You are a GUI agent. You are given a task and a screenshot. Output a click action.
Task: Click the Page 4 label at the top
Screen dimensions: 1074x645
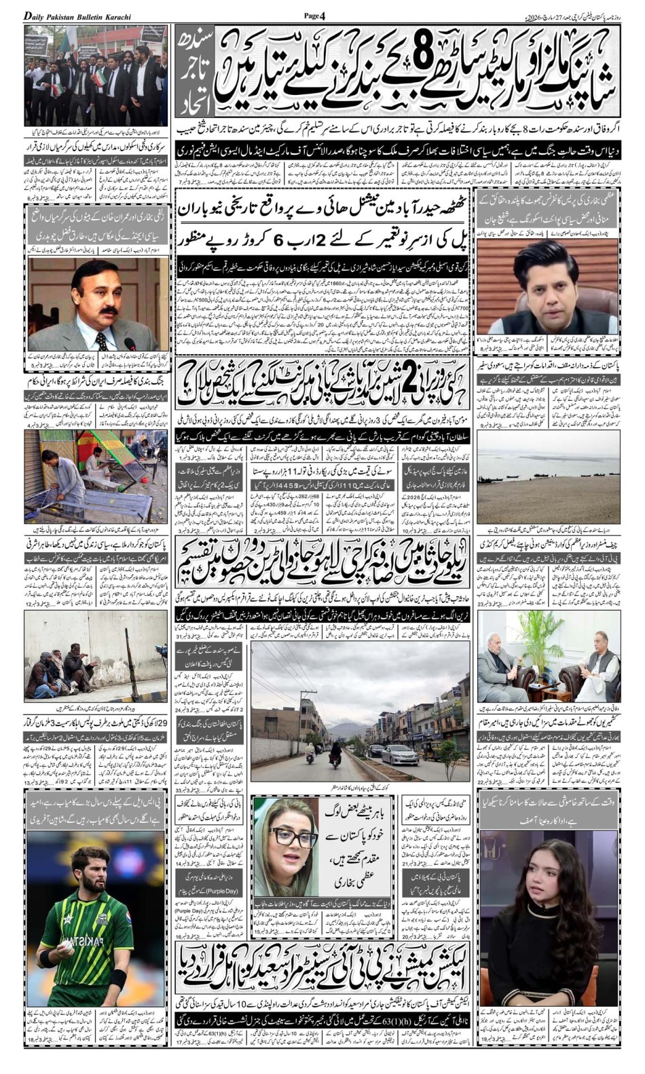pyautogui.click(x=315, y=16)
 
